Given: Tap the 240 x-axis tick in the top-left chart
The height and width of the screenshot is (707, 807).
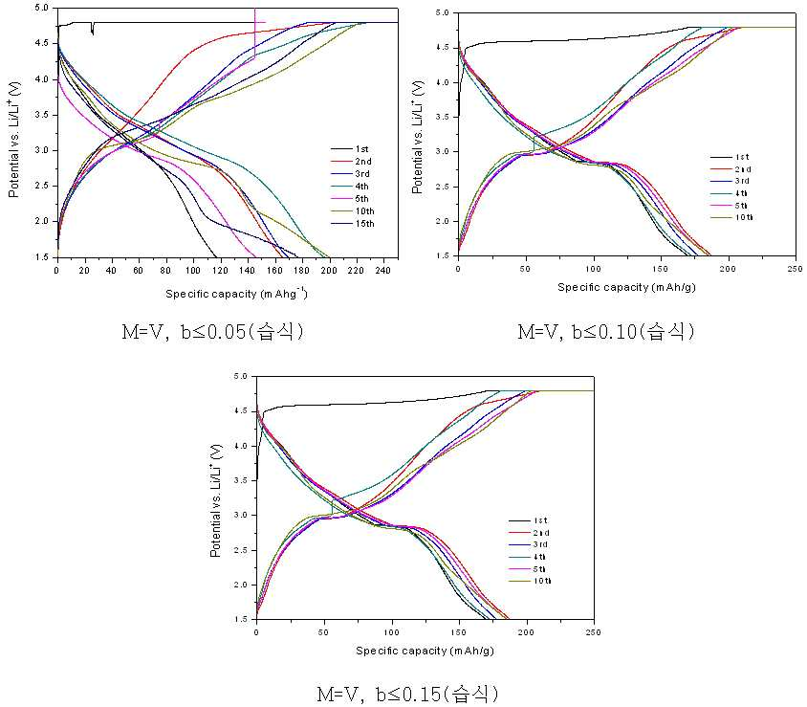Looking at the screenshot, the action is [x=382, y=271].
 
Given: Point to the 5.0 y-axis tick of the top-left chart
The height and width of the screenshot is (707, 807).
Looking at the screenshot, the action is [x=42, y=9].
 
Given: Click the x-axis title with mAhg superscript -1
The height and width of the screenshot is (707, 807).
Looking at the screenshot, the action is [x=236, y=294].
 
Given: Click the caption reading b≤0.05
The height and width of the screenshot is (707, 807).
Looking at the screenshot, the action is [x=212, y=332].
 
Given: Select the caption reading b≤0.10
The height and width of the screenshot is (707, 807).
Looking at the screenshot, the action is [x=606, y=332].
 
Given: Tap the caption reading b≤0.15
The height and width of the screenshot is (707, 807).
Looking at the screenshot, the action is [x=407, y=695].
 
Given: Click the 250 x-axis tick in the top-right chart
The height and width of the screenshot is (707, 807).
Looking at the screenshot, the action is [x=796, y=269].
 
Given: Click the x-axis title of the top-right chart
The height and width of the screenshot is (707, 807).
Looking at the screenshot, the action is [x=626, y=287].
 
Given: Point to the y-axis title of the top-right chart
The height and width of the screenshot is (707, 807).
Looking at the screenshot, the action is [x=418, y=137].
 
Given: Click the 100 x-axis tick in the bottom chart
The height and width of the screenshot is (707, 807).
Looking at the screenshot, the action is [x=391, y=632].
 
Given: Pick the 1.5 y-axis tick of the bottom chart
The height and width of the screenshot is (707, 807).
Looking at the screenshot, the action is [x=242, y=619].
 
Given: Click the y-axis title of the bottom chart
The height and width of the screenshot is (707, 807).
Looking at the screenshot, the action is [x=216, y=500].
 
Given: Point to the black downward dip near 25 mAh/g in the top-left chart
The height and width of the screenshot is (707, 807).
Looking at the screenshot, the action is [x=92, y=29].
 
